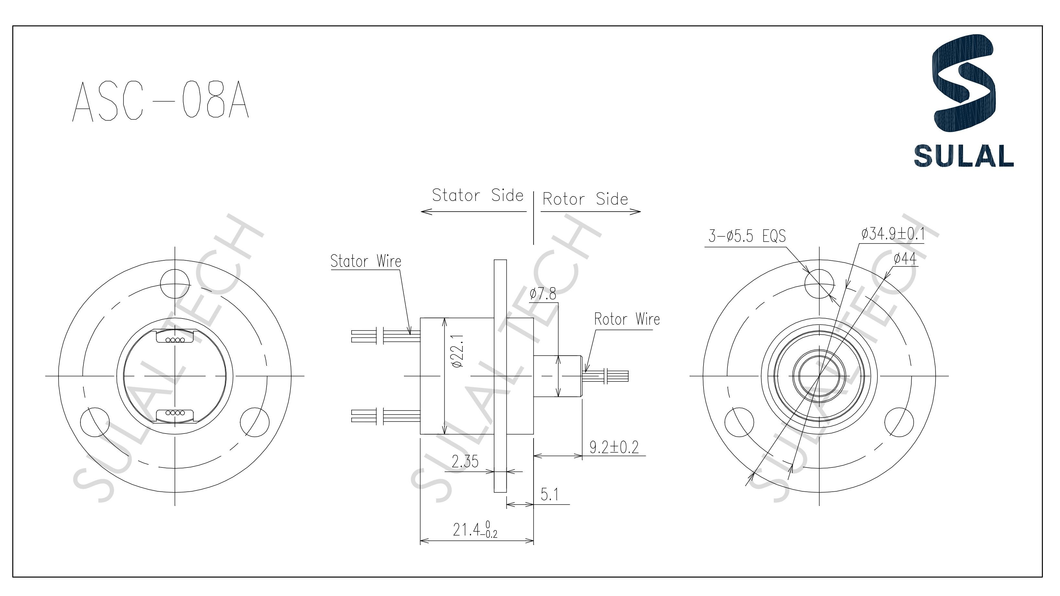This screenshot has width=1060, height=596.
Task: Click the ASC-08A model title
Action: pos(161,101)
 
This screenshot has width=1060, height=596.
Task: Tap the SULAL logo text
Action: pos(963,156)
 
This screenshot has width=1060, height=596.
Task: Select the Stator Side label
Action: pos(477,195)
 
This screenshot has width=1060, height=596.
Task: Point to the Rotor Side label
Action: pos(585,199)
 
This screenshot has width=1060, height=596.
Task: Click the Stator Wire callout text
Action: pos(366,261)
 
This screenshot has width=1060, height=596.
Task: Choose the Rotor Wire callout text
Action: pos(627,319)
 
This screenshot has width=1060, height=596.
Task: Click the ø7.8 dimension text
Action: pos(543,294)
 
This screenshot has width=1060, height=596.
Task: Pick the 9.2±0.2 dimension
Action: pos(614,447)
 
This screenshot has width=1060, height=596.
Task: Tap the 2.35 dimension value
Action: pos(465,462)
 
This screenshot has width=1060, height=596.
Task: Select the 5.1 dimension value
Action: pos(549,494)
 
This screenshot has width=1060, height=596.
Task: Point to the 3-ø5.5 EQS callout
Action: pos(747,236)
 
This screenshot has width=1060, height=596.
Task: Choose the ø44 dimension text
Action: pos(905,259)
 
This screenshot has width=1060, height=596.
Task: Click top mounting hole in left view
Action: pos(175,284)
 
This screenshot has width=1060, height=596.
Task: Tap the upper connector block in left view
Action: pos(175,336)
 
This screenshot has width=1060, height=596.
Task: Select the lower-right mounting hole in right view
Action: pos(899,423)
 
